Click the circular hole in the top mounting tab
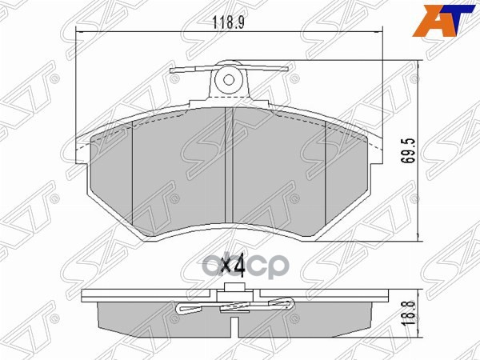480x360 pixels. click(227, 79)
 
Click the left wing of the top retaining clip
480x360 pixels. click(189, 74)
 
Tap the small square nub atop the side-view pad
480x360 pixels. click(234, 290)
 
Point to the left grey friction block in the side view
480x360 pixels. click(160, 320)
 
